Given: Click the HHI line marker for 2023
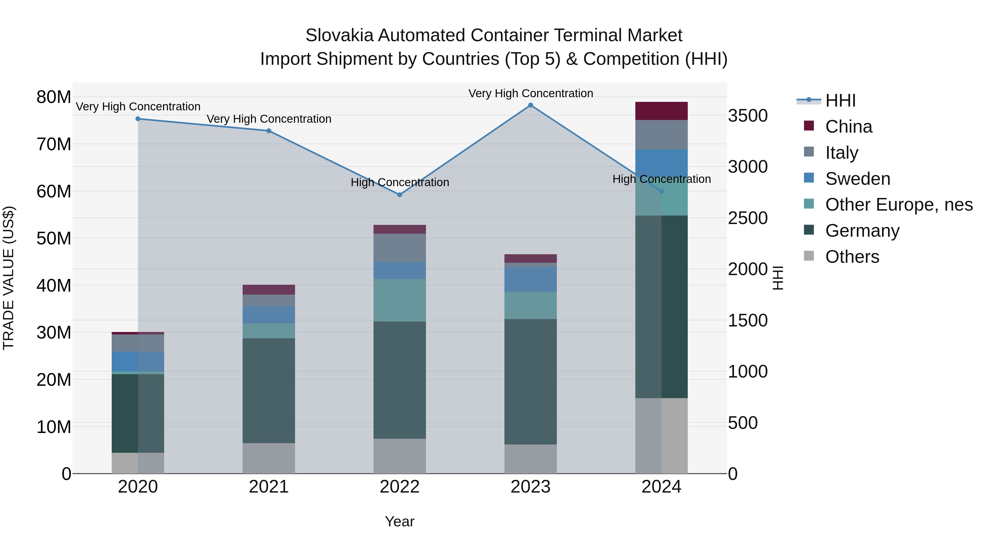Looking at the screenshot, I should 531,105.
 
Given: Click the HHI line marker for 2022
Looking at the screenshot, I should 400,195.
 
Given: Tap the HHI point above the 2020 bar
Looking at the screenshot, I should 138,119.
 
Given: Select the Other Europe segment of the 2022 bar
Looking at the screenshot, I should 400,300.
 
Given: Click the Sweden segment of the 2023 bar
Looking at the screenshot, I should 531,279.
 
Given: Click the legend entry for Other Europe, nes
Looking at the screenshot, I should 898,205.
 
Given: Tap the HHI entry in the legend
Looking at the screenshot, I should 840,100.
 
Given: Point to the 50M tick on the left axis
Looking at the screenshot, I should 54,238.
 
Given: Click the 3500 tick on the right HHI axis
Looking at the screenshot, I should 748,116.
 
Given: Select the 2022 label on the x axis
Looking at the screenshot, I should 400,487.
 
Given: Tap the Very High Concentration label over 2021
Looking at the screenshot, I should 269,119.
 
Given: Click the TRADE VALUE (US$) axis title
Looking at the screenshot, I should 9,278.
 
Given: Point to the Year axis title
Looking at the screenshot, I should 400,521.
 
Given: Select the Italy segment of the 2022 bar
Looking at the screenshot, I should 400,248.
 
